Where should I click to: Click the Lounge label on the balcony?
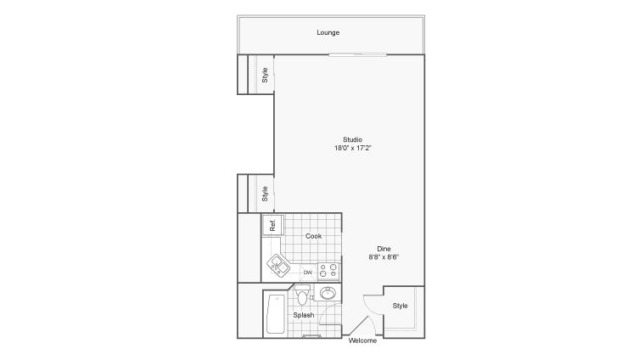click(328, 32)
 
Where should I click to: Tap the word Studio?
click(352, 139)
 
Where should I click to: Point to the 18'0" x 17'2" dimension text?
click(352, 148)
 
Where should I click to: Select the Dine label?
click(384, 249)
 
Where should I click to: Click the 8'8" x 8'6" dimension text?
click(384, 257)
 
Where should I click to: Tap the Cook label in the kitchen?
click(313, 236)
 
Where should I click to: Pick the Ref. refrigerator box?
click(272, 225)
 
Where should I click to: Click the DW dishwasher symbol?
click(308, 273)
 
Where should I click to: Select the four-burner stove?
click(328, 272)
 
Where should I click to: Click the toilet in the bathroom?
click(302, 295)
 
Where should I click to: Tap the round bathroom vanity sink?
click(328, 293)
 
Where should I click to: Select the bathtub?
click(275, 314)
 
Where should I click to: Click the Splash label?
click(304, 315)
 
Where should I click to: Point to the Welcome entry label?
click(362, 340)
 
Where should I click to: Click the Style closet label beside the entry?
click(401, 306)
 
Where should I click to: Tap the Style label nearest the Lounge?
click(265, 76)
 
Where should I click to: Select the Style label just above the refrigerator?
click(265, 194)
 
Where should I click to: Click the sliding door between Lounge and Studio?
click(358, 54)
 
